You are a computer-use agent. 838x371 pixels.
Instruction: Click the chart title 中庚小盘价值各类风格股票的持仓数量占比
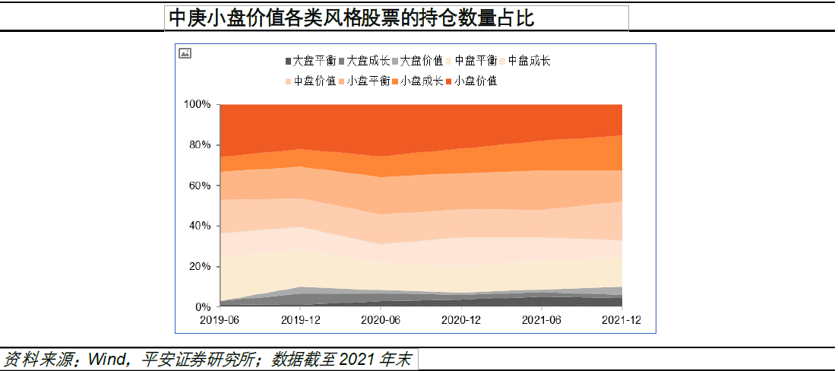(x=350, y=18)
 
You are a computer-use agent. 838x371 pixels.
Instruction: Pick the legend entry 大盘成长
(x=368, y=61)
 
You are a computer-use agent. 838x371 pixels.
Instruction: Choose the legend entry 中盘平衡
(x=476, y=61)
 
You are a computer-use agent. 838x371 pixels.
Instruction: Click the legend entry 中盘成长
(x=529, y=61)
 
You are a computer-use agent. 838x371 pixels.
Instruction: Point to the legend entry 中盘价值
(x=315, y=81)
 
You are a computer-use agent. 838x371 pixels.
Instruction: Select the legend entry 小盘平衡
(x=368, y=81)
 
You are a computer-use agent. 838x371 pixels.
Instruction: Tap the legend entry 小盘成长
(x=422, y=81)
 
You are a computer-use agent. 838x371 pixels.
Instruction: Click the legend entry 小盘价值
(x=476, y=81)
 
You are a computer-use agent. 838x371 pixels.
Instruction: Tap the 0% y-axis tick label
(x=203, y=307)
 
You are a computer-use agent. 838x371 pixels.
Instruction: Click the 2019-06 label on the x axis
(x=220, y=321)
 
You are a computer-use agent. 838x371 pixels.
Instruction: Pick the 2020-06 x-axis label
(x=380, y=321)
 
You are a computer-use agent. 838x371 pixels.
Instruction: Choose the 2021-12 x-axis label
(x=621, y=321)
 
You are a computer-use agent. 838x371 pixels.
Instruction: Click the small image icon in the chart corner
(x=185, y=53)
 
